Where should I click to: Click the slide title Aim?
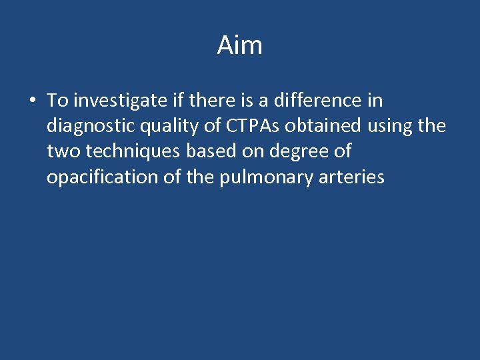(240, 46)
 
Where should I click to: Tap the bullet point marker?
(32, 101)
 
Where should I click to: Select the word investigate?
(118, 101)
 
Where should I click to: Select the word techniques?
(132, 152)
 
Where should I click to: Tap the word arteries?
(353, 177)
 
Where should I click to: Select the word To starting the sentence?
(58, 101)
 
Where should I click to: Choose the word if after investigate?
(175, 101)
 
